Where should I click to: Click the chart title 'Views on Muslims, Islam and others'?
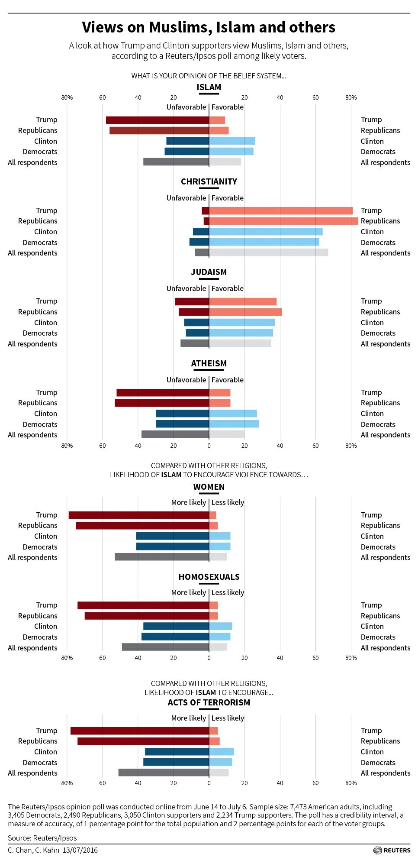pos(209,27)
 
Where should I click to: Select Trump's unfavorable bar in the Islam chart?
pos(157,120)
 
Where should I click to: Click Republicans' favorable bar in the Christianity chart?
pos(283,221)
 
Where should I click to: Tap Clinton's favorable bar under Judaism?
pos(241,323)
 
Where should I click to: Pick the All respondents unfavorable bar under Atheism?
pos(175,434)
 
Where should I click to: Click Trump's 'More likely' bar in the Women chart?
pos(138,515)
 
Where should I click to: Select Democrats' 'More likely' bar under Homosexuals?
pos(175,637)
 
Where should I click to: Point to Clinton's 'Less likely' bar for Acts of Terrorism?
pos(221,751)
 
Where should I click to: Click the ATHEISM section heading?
pos(209,363)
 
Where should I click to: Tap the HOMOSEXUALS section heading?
pos(209,577)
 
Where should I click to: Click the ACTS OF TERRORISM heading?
pos(209,702)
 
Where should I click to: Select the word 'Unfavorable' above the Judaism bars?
pos(186,288)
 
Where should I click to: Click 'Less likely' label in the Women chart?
pos(228,502)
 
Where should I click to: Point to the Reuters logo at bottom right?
pos(392,850)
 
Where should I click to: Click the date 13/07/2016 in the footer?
pos(80,850)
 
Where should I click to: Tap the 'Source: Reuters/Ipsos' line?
pos(42,838)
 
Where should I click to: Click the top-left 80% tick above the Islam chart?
pos(67,97)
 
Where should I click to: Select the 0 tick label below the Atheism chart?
pos(209,446)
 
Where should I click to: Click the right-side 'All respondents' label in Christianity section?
pos(385,253)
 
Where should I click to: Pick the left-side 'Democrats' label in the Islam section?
pos(40,152)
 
